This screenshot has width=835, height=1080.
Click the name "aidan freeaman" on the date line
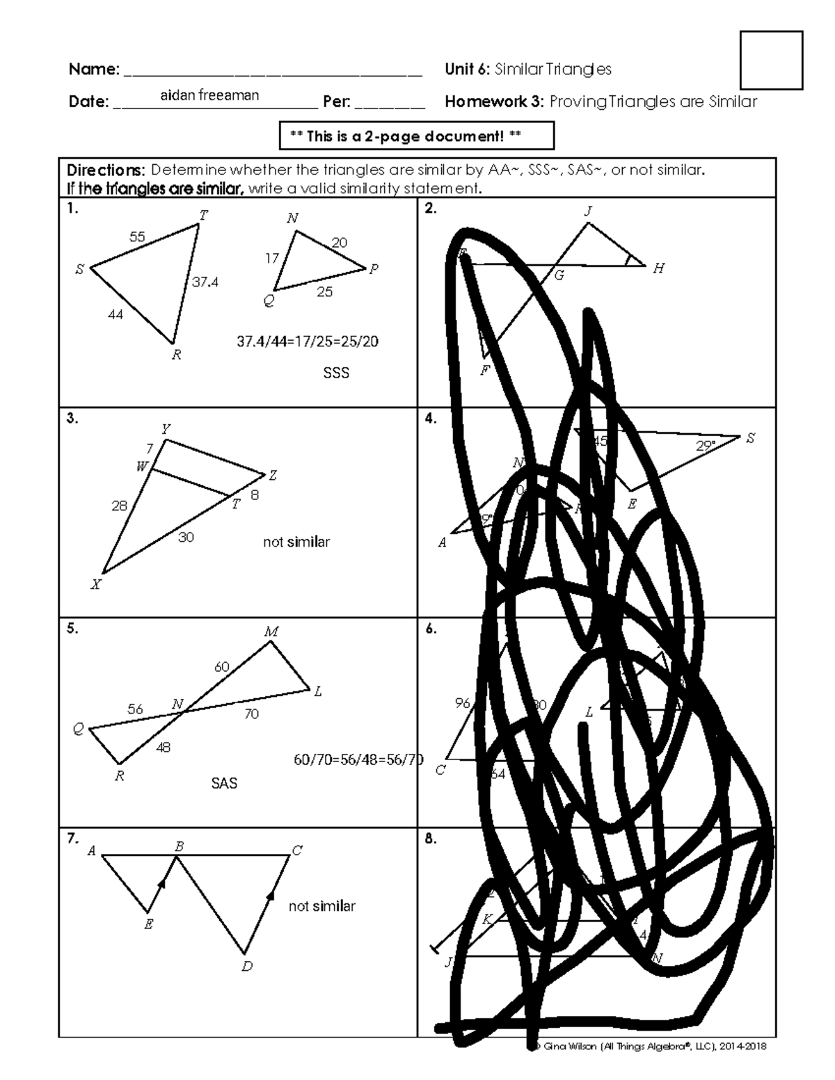click(209, 95)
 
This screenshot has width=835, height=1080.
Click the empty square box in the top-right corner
click(772, 60)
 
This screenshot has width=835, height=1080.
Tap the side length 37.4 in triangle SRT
click(205, 282)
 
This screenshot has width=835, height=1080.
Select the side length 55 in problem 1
click(137, 237)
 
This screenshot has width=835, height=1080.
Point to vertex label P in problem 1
click(374, 270)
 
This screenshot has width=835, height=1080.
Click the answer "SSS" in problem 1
click(336, 373)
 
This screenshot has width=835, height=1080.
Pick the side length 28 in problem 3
click(119, 506)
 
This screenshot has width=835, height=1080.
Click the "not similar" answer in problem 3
click(296, 542)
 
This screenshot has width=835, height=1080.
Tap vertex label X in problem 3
click(96, 585)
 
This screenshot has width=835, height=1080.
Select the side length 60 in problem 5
click(221, 667)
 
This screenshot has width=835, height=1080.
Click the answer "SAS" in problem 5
click(224, 784)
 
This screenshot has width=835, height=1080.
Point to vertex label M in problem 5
click(271, 632)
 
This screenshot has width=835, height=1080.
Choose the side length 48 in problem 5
click(163, 748)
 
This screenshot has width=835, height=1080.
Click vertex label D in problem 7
click(247, 966)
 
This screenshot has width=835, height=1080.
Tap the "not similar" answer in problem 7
click(321, 906)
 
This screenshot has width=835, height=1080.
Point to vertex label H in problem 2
click(658, 268)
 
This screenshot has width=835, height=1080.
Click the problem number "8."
click(431, 839)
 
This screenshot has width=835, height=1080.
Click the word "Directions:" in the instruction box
click(105, 170)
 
